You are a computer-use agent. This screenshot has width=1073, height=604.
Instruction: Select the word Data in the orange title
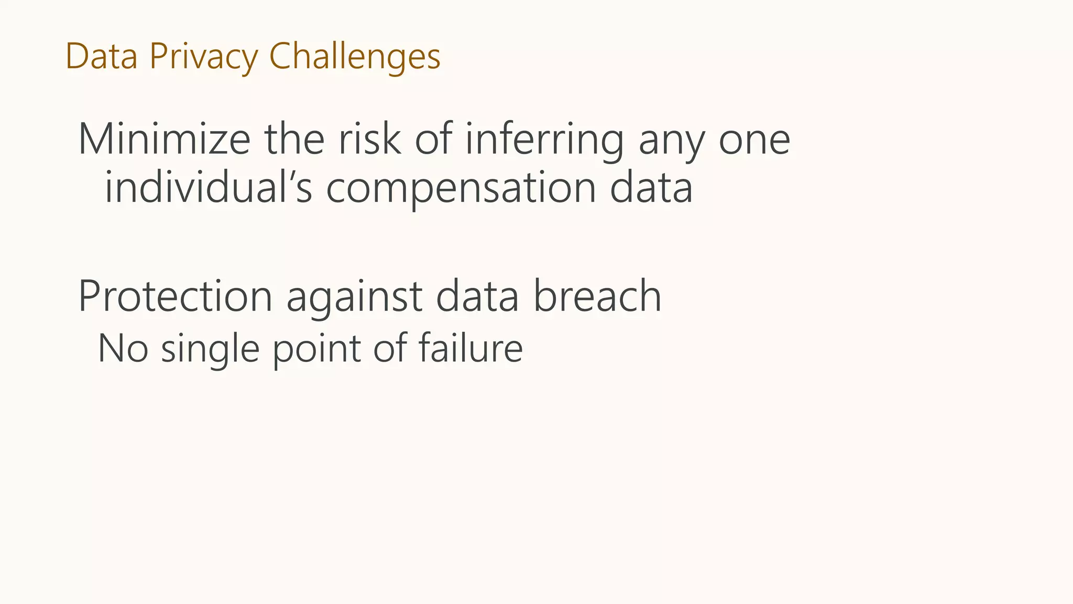tap(101, 57)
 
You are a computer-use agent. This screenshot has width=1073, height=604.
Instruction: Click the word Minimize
tap(164, 139)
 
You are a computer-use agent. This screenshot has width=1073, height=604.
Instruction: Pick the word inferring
tap(544, 139)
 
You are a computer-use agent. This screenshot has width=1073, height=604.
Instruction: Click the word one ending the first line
tap(754, 141)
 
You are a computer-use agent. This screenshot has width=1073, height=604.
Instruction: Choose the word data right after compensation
tap(651, 188)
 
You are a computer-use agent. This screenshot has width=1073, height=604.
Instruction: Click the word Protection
tap(175, 297)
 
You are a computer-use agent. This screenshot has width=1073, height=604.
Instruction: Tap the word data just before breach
tap(477, 297)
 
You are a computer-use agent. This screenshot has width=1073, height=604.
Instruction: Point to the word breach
tap(597, 297)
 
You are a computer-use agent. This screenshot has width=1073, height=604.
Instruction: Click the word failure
tap(470, 348)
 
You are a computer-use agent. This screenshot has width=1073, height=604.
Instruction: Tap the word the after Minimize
tap(294, 139)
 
